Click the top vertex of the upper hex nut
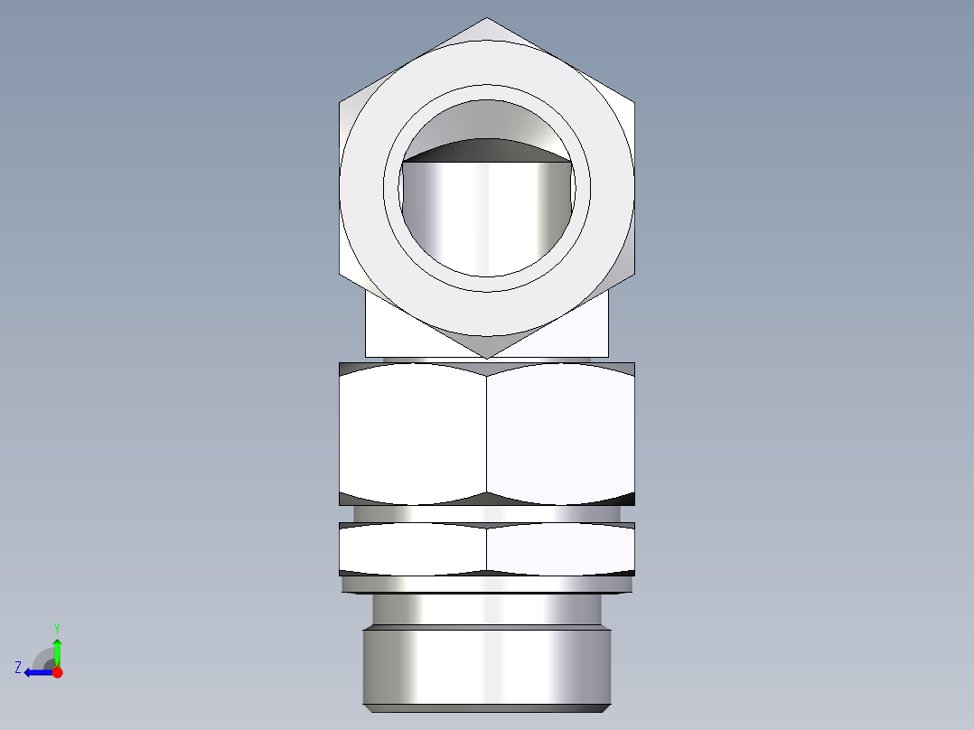[x=487, y=20]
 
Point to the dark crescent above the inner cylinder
[x=487, y=150]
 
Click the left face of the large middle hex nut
[x=413, y=434]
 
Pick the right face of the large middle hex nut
[x=560, y=434]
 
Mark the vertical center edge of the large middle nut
[x=487, y=434]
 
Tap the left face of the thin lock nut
[x=413, y=549]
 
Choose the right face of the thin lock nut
[x=560, y=549]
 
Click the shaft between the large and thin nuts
[x=487, y=514]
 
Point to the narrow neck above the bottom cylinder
[x=487, y=609]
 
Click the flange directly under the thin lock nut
[x=487, y=585]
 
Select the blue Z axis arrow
[x=36, y=672]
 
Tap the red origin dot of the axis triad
[x=57, y=672]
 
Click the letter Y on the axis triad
[x=56, y=627]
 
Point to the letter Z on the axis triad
[x=18, y=668]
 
